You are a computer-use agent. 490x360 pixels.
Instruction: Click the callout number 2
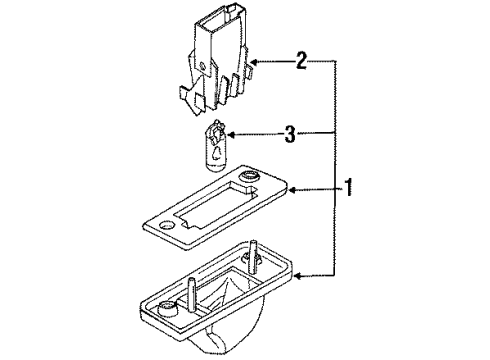(301, 61)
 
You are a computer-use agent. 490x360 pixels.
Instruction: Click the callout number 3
(290, 134)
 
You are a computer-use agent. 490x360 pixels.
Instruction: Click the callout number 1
(348, 188)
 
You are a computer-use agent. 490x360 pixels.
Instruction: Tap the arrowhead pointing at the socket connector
(254, 62)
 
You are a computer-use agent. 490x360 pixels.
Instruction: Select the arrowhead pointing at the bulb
(231, 135)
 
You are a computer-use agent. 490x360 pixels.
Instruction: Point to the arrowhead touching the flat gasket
(292, 190)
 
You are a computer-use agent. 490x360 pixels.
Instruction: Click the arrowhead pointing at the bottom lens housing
(299, 276)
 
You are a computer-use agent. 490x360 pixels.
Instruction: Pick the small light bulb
(214, 147)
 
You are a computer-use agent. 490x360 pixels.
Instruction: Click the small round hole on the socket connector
(202, 66)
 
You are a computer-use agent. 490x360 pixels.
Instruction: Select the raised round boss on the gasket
(250, 176)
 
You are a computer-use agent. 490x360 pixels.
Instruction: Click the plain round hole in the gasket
(166, 226)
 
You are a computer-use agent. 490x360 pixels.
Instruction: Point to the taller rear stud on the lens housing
(254, 257)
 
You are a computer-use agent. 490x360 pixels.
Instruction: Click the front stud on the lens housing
(193, 295)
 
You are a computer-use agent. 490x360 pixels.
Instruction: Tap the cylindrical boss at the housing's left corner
(167, 308)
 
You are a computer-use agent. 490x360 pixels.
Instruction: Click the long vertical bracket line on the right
(335, 168)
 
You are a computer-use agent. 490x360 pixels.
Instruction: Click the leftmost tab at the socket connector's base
(183, 93)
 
